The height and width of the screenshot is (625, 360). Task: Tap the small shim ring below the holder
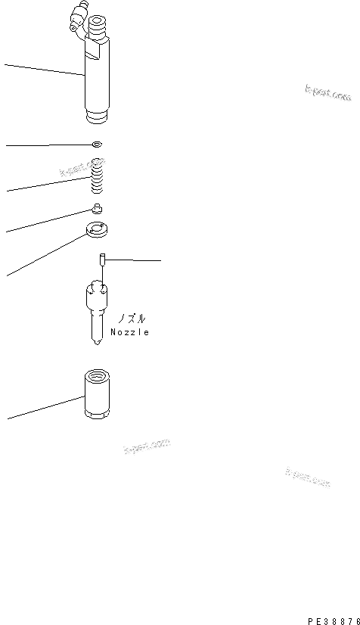(x=95, y=144)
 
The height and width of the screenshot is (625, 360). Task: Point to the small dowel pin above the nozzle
(x=101, y=260)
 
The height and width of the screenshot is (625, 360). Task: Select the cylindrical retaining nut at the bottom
(x=98, y=396)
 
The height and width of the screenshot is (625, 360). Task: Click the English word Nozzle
(x=129, y=331)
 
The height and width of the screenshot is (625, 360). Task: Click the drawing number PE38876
(x=334, y=617)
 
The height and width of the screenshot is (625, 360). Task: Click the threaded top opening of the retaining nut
(x=98, y=374)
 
